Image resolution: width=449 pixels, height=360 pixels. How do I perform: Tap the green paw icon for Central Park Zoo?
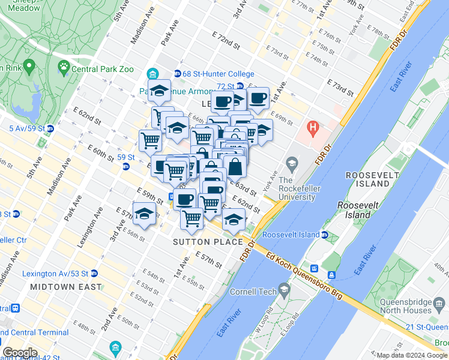tap(63, 65)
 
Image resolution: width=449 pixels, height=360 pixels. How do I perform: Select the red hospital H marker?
tap(312, 127)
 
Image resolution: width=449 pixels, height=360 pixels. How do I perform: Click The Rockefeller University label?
tap(297, 188)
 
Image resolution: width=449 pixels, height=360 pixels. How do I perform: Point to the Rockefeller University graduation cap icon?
tap(292, 163)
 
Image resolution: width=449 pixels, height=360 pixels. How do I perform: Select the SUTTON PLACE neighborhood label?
tap(208, 242)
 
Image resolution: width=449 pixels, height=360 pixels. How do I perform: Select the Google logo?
tap(20, 352)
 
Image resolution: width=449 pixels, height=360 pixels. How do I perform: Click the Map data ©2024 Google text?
tap(411, 355)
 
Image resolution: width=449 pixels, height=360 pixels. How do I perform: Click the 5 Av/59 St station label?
tap(27, 128)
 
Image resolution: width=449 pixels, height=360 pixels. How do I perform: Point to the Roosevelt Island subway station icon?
tap(324, 235)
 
